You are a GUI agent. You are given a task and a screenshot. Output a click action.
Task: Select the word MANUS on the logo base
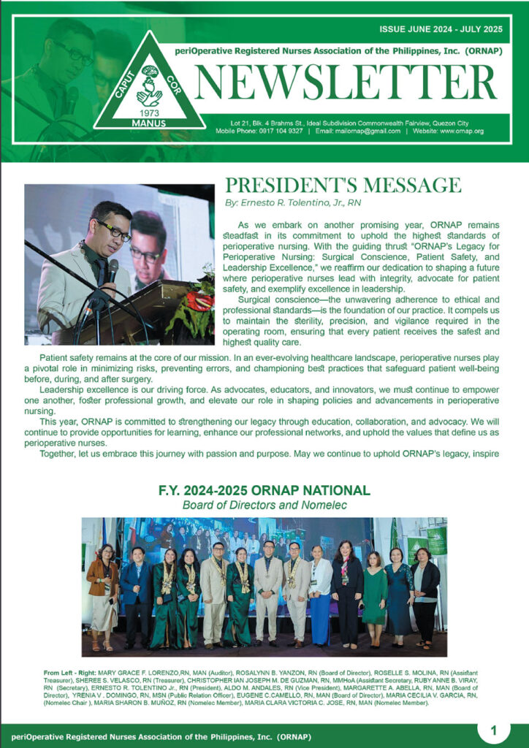click(x=150, y=123)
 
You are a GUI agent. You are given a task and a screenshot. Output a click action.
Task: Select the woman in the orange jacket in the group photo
click(x=102, y=592)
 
